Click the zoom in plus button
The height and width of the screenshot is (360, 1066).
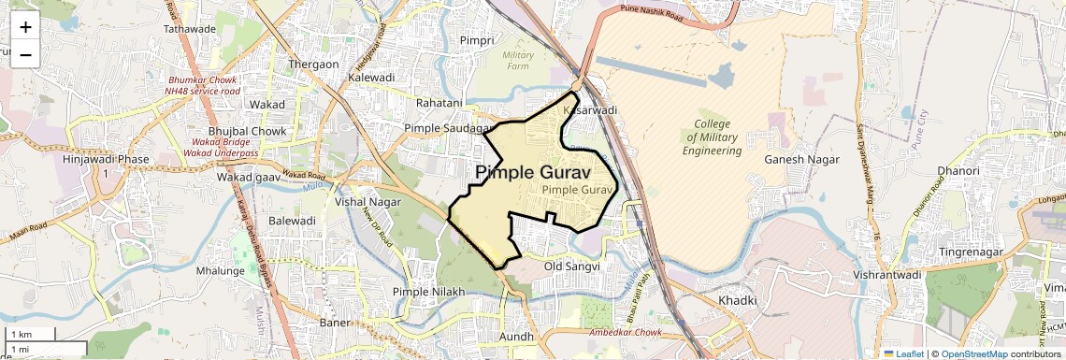coord(25,27)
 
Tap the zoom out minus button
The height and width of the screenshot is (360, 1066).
coord(25,54)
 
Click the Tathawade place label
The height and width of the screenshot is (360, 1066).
coord(190,29)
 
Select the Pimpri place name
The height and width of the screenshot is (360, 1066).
coord(477,41)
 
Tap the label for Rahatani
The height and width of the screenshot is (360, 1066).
coord(439,103)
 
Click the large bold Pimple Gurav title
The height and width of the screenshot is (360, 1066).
coord(533,173)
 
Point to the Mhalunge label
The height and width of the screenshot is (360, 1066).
coord(220,271)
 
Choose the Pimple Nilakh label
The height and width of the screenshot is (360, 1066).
coord(428,293)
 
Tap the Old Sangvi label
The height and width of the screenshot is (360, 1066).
coord(571,266)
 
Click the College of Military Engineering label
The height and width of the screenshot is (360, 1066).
coord(713,137)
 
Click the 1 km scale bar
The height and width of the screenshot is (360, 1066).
coord(29,335)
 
